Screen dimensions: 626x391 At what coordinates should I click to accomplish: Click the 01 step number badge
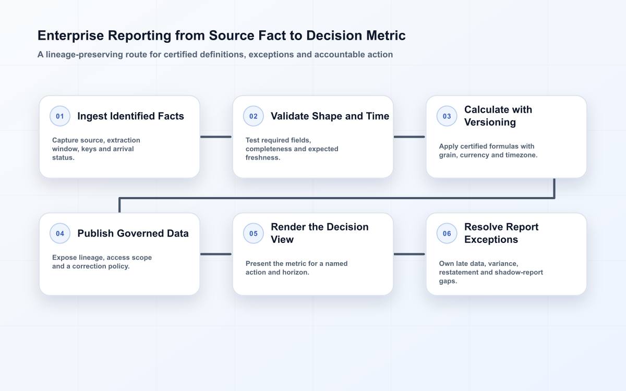click(x=60, y=116)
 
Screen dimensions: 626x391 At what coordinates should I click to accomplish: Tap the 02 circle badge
click(x=253, y=116)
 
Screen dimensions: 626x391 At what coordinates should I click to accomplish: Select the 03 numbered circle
click(x=447, y=116)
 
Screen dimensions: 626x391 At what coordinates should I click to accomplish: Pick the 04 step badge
click(x=60, y=233)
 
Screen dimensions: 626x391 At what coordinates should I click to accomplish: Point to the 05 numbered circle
click(x=253, y=233)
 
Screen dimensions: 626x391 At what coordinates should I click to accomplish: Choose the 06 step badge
click(x=447, y=233)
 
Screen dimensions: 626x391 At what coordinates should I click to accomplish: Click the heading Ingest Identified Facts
click(x=130, y=116)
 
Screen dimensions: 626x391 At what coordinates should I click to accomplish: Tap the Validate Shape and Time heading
click(x=330, y=116)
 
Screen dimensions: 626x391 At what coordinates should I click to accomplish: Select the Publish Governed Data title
click(x=133, y=233)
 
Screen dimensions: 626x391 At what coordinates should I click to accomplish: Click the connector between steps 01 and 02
click(x=216, y=137)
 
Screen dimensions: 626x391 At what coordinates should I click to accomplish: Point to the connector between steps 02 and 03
click(x=410, y=137)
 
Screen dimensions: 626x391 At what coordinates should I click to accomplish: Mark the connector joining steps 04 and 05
click(x=216, y=254)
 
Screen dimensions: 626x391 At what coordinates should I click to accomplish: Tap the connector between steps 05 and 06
click(x=410, y=254)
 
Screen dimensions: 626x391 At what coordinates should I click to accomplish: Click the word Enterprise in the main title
click(x=71, y=36)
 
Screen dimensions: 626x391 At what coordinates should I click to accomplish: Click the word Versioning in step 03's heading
click(x=490, y=123)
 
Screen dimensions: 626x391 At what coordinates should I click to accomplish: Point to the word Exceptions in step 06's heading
click(x=491, y=240)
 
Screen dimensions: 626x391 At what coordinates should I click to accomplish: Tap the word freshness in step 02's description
click(x=263, y=157)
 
